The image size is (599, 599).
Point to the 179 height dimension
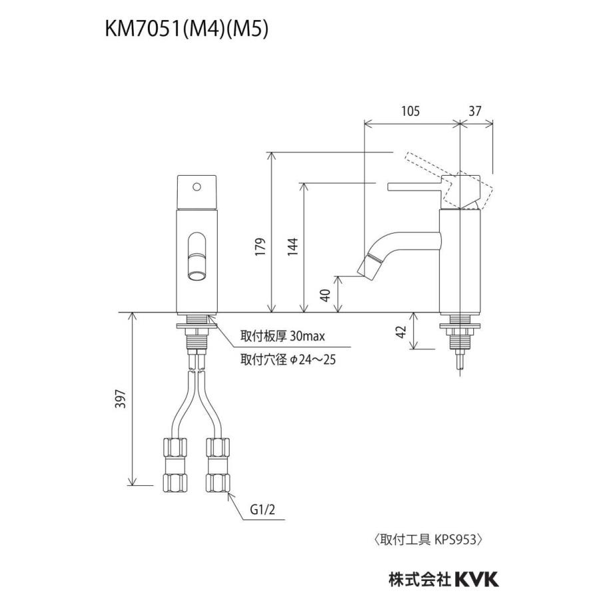(x=262, y=247)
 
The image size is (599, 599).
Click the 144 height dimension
(x=294, y=247)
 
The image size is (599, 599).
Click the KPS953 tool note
(x=427, y=539)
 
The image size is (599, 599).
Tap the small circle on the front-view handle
(x=196, y=187)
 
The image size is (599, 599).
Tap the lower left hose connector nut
(x=175, y=481)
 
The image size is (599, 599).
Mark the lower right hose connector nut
(x=218, y=481)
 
